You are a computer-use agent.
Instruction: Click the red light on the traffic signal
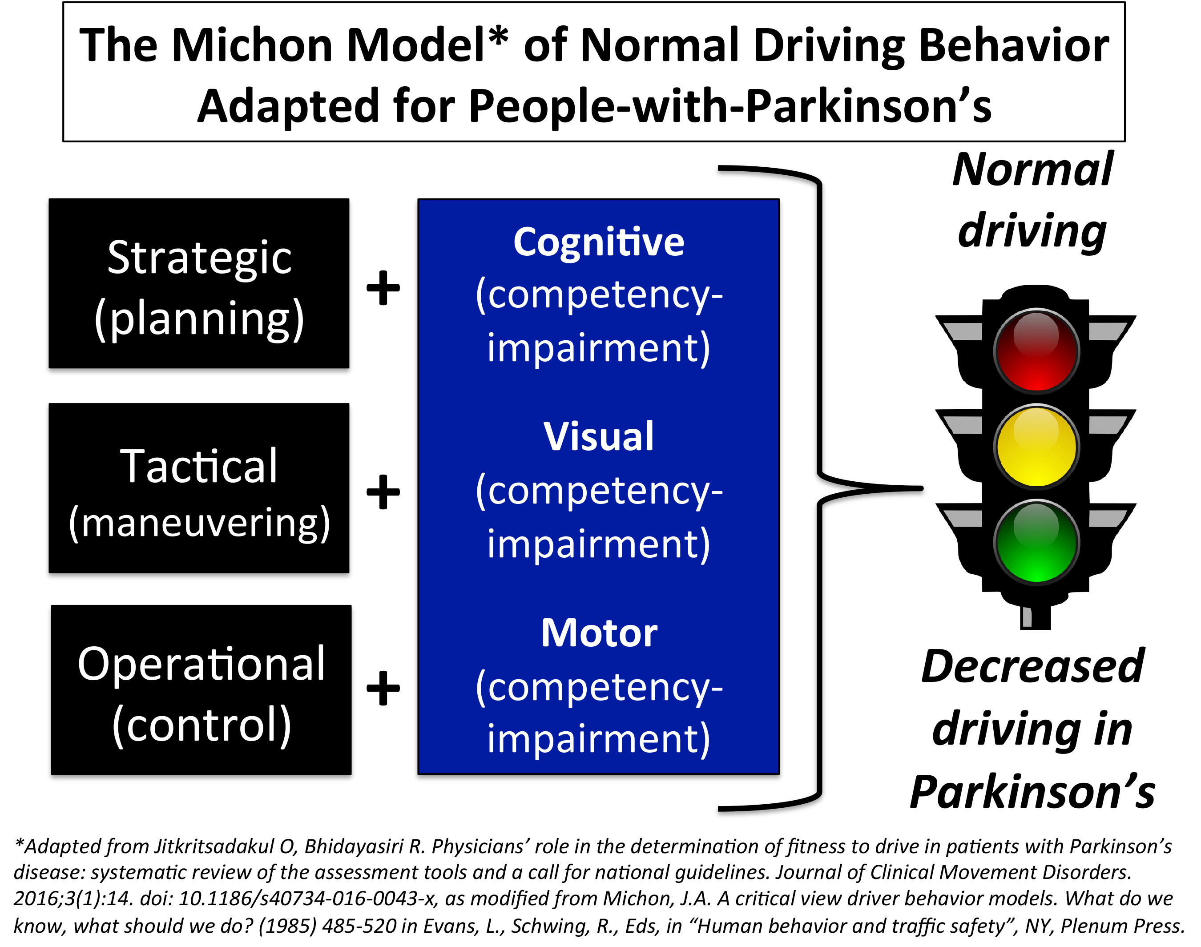(1036, 351)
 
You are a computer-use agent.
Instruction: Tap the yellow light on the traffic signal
(1036, 446)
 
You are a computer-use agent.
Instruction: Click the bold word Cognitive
(599, 243)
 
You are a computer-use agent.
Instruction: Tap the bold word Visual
(599, 436)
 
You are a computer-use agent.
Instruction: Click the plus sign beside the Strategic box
(383, 288)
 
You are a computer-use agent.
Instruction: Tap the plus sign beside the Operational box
(383, 688)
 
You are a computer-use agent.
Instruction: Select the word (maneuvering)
(200, 524)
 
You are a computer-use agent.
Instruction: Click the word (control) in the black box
(201, 726)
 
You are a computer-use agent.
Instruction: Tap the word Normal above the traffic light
(1032, 169)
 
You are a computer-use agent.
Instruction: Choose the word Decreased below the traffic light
(1032, 666)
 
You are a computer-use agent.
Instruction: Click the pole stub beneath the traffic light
(1035, 617)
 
